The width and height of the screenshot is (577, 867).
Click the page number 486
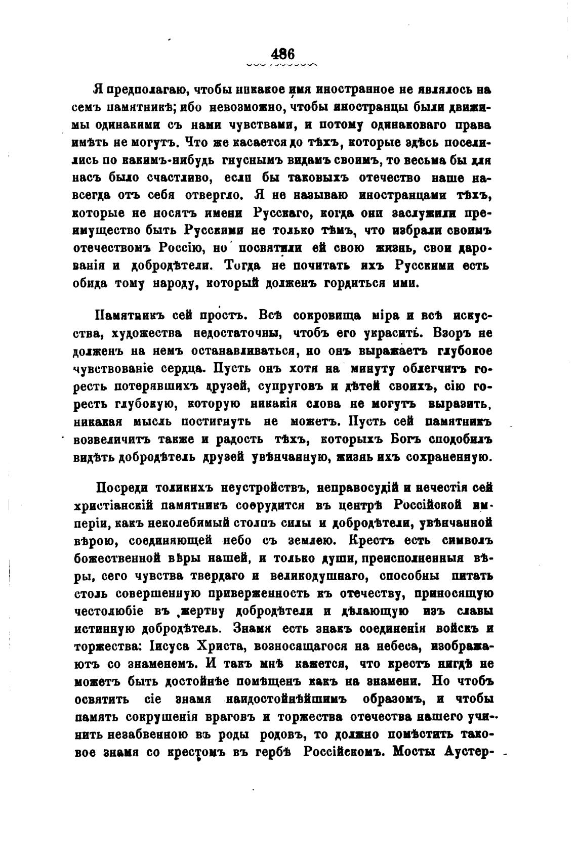tap(282, 53)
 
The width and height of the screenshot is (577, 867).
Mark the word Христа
tap(222, 646)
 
